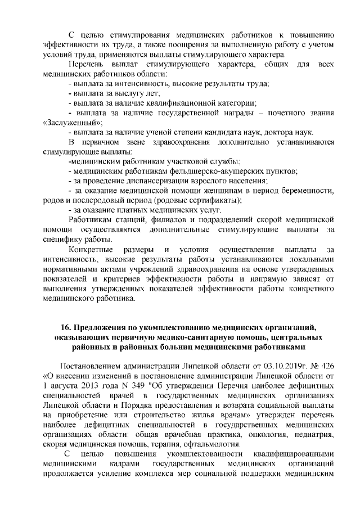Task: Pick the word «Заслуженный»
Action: coord(73,122)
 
